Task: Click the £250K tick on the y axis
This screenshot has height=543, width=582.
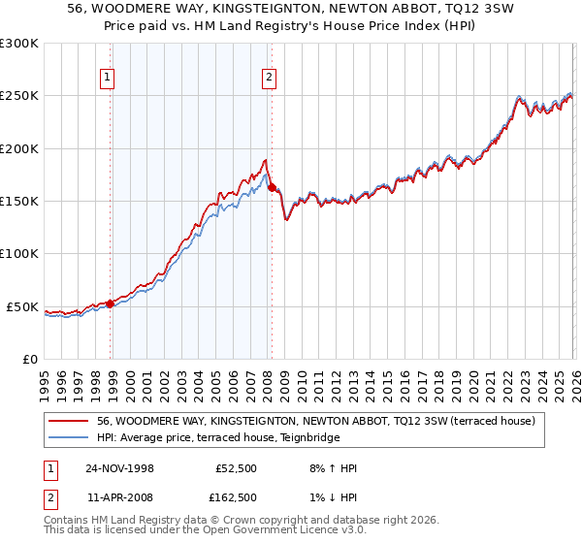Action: tap(19, 96)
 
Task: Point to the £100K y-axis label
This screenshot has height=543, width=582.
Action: tap(19, 254)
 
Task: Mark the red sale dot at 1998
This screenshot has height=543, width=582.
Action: tap(111, 303)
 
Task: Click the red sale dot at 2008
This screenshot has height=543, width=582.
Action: tap(272, 188)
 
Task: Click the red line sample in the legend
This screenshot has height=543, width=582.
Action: tap(70, 421)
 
